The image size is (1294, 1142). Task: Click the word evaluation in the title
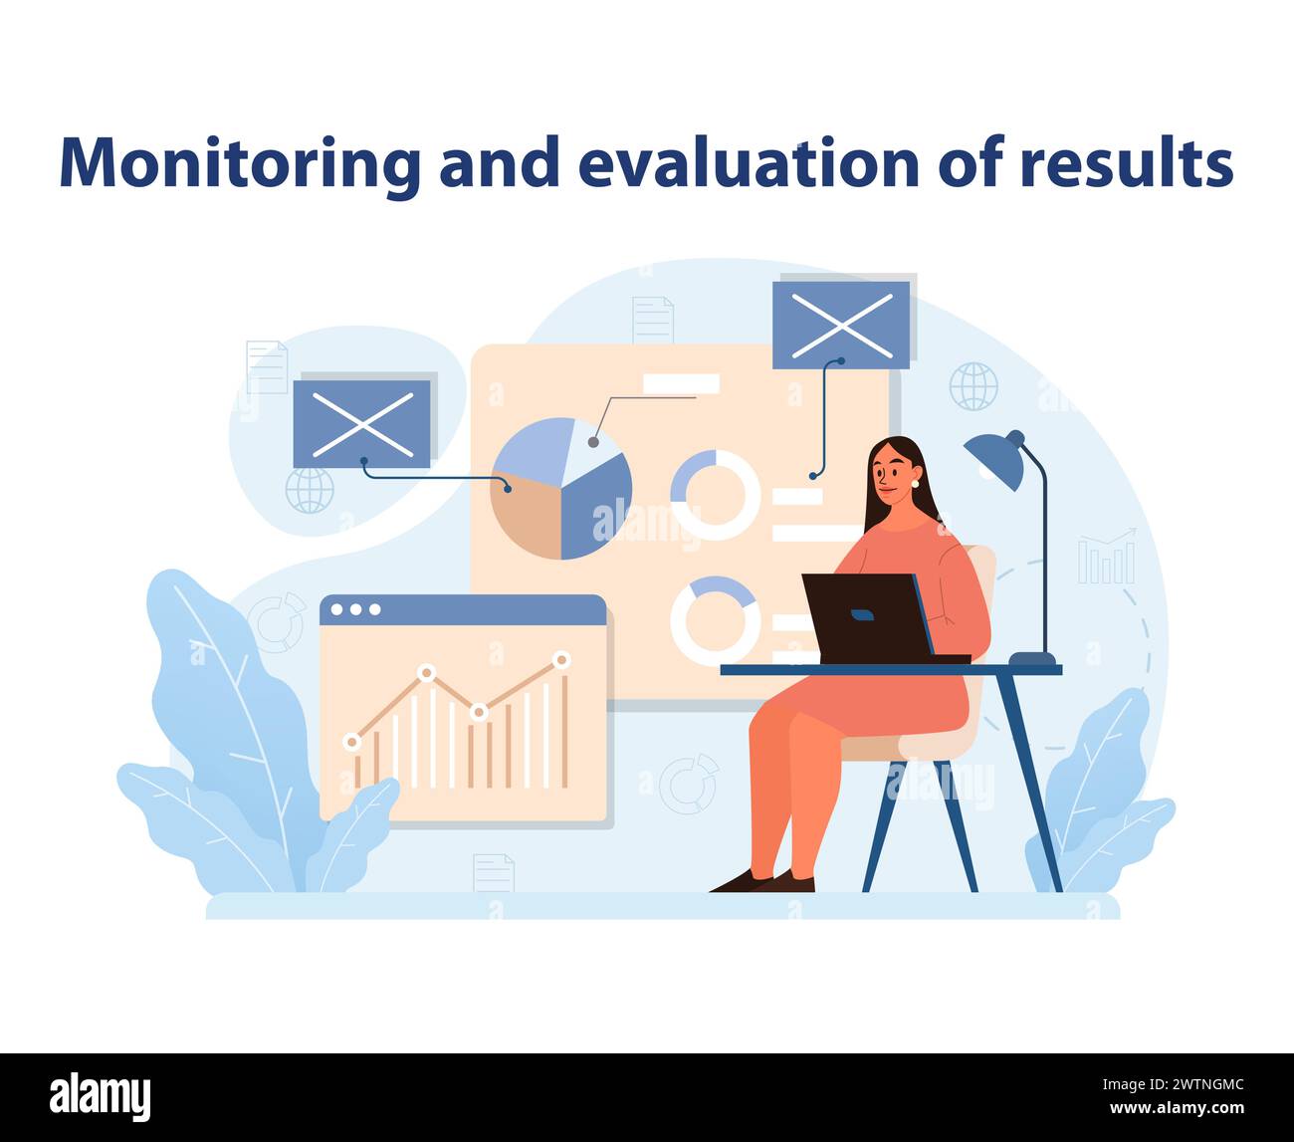pos(749,162)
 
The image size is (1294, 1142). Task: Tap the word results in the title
pos(1127,162)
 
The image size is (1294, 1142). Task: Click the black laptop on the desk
pos(866,617)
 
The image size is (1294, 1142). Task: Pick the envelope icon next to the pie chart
pos(361,423)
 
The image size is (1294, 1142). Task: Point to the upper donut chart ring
pos(715,495)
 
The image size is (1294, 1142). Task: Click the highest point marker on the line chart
pos(561,659)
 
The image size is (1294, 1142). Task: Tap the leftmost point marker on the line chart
pos(350,742)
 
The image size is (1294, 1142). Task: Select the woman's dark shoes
pos(764,881)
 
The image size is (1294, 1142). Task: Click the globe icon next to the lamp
pos(972,386)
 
